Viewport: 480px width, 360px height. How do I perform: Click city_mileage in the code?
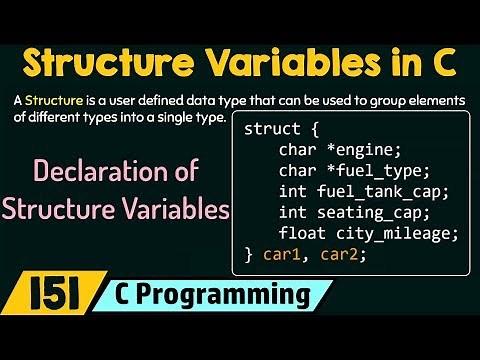click(x=383, y=233)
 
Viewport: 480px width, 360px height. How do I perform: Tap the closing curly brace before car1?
click(x=248, y=254)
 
